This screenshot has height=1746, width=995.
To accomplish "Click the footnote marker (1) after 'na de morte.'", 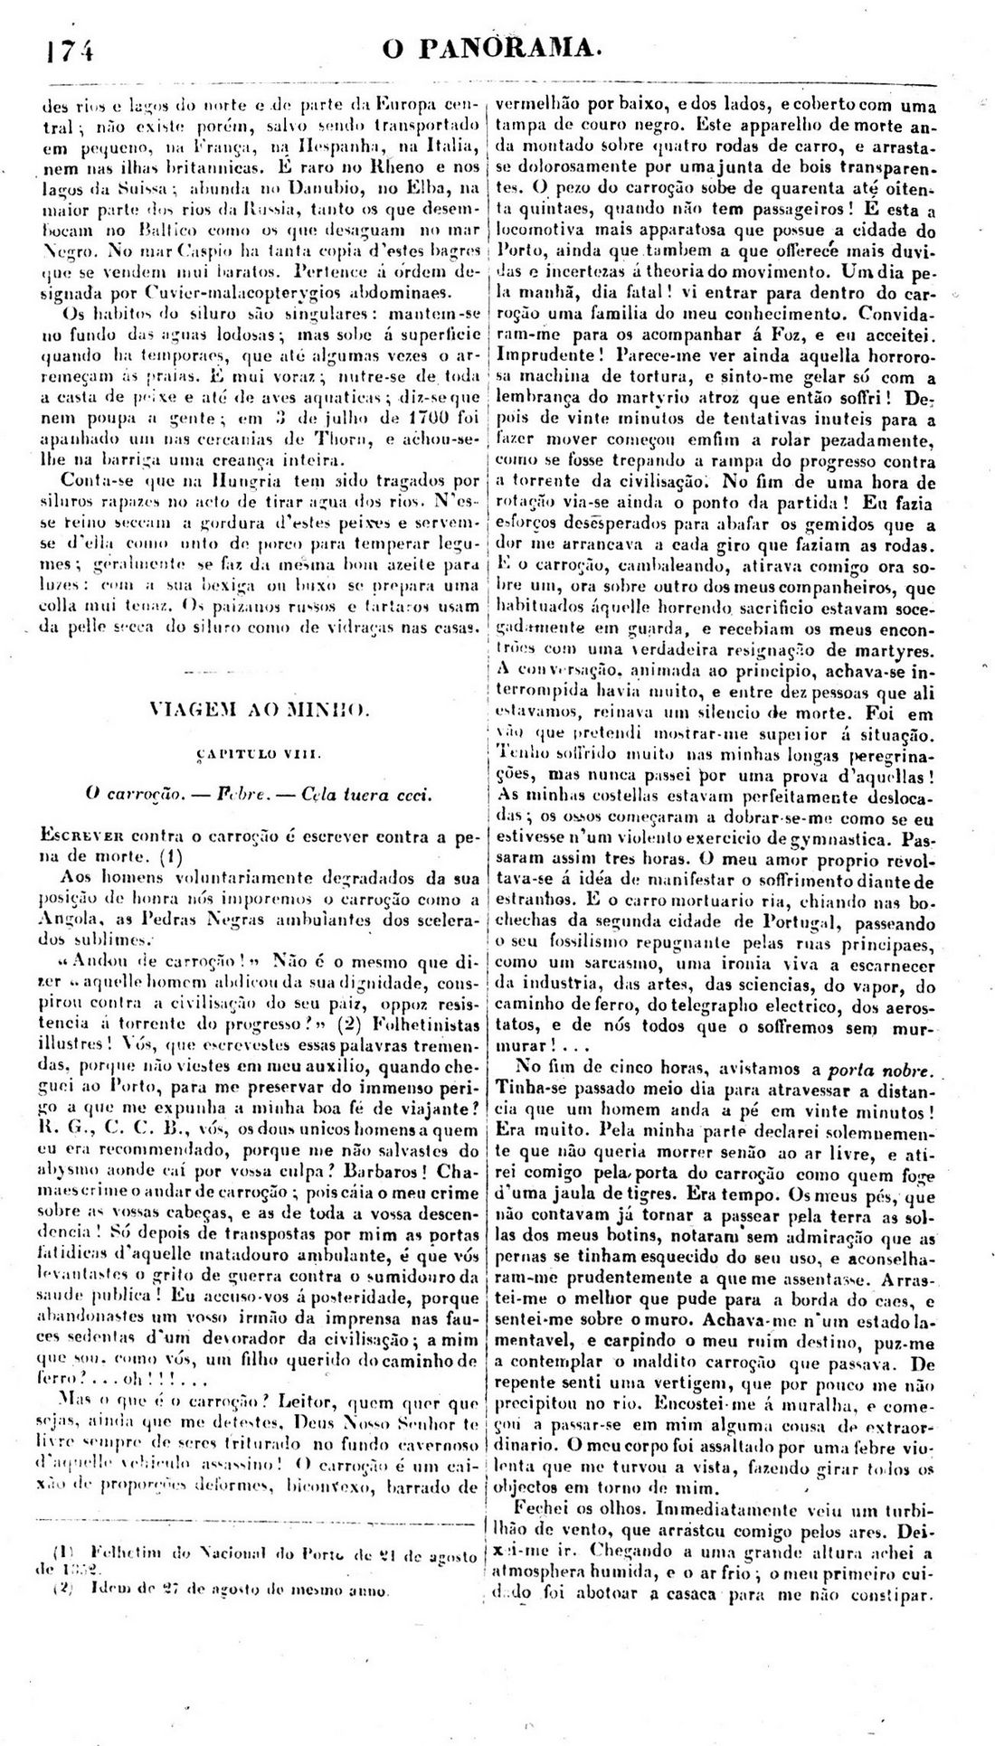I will (171, 853).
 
